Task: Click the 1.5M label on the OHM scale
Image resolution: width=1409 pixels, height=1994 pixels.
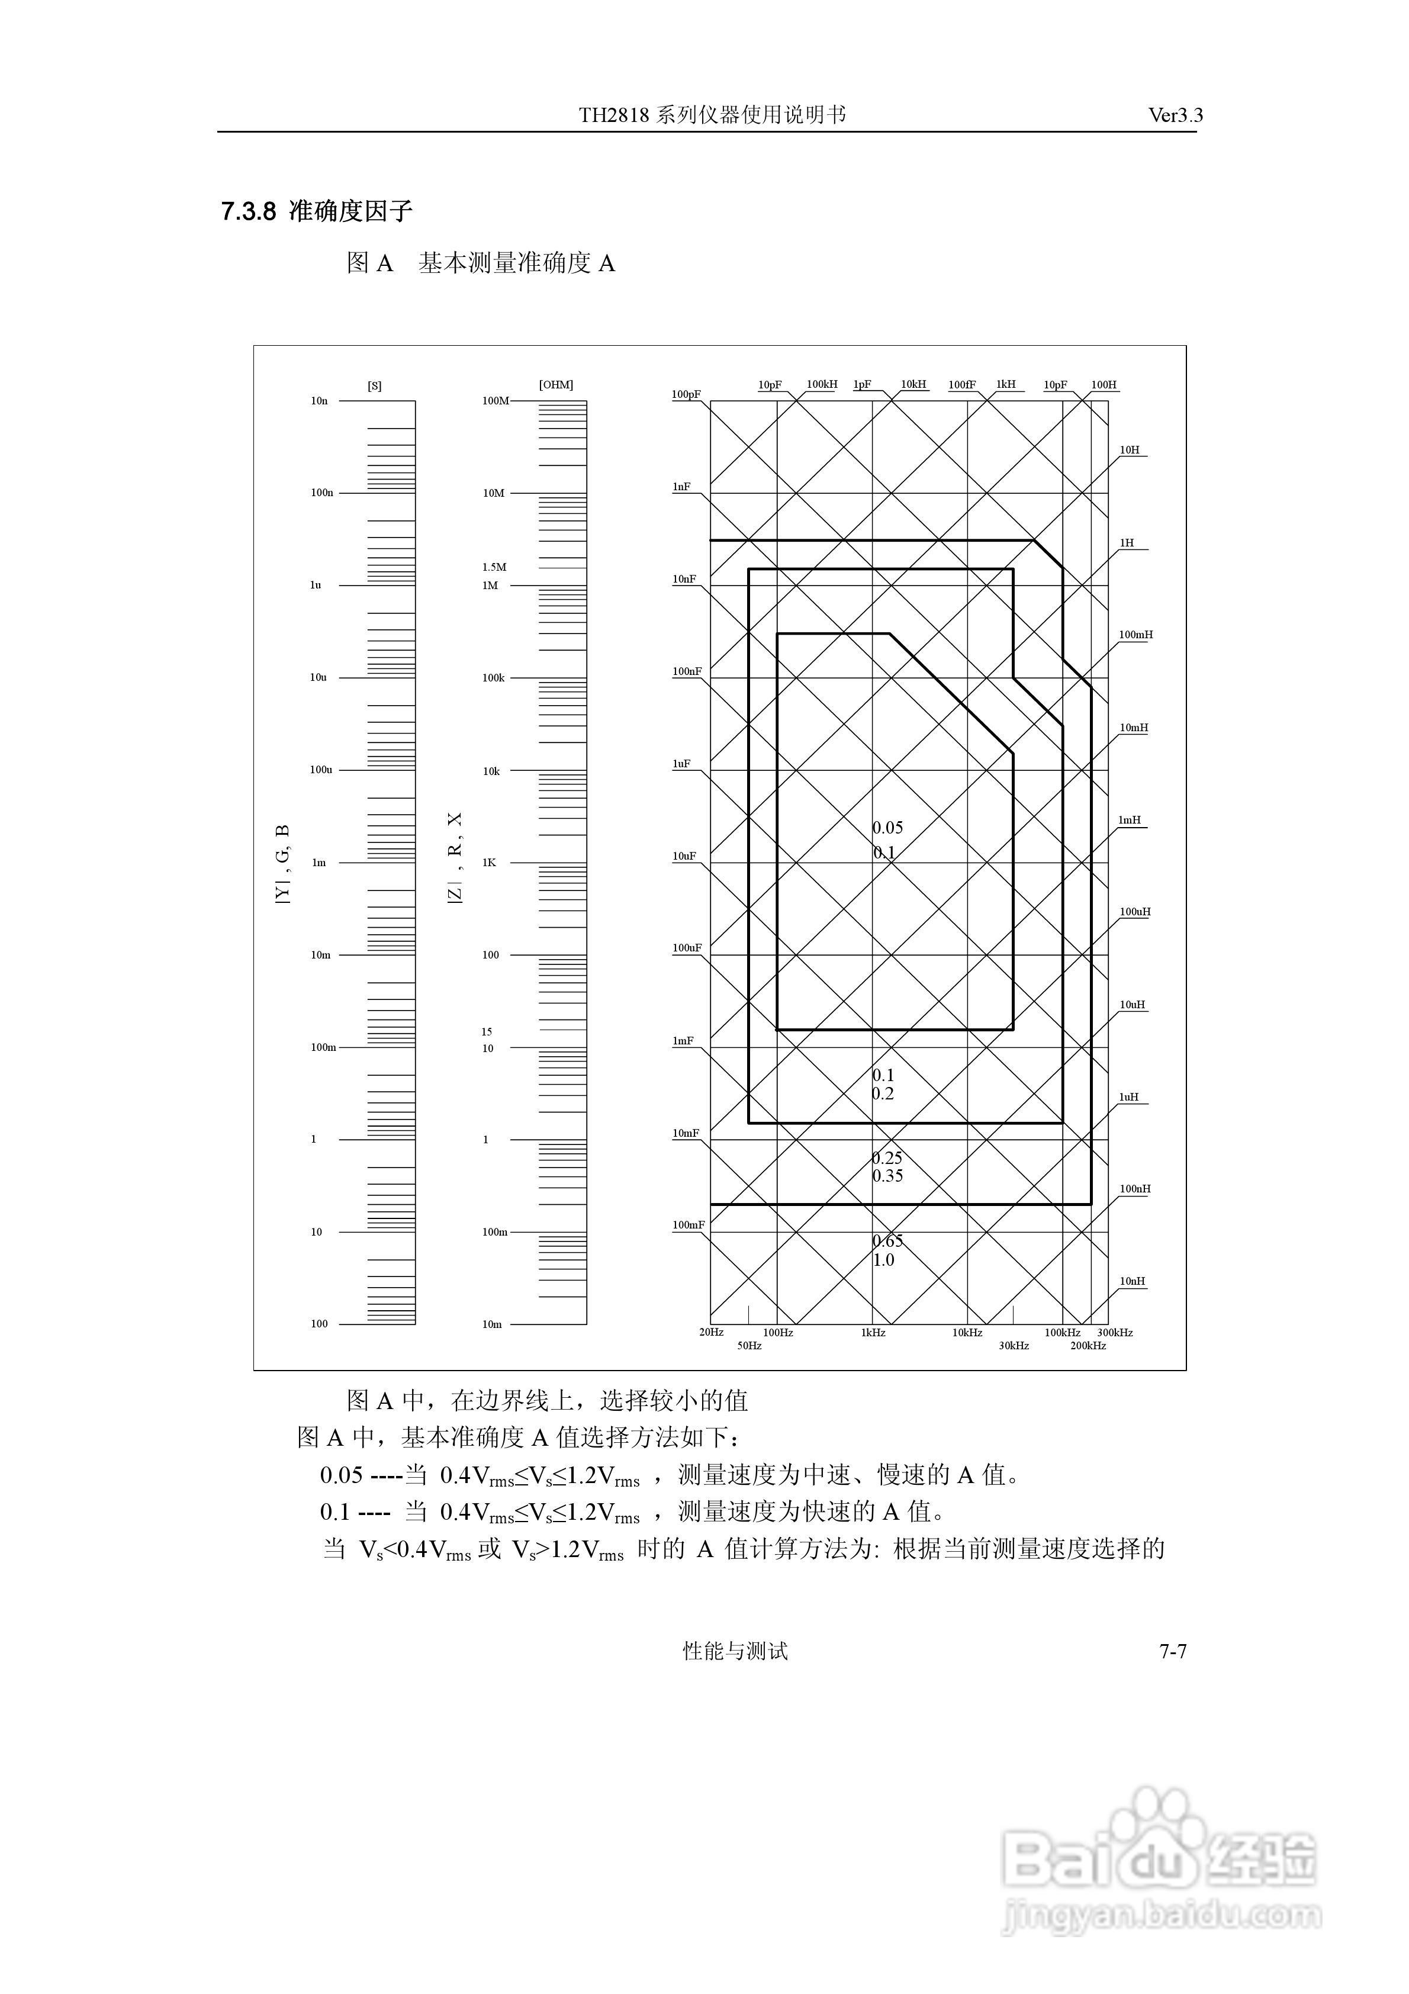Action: [494, 567]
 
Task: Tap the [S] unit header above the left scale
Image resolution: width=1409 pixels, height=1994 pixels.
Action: [374, 385]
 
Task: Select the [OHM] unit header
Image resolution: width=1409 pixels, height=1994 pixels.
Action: [556, 385]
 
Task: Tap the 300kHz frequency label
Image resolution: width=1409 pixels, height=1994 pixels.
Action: [1115, 1332]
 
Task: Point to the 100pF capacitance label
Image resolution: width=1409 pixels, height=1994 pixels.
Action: [686, 394]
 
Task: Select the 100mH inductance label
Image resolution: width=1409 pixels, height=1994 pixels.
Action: [1135, 635]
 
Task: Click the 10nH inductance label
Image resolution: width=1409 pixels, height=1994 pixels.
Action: [1132, 1281]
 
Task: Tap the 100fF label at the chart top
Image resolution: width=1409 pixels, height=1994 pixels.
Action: [961, 385]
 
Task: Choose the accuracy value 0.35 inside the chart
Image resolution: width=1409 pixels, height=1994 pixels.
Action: [888, 1176]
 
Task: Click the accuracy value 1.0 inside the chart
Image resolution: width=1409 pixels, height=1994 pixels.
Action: [883, 1260]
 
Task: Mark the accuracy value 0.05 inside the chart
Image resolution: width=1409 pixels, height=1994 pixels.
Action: [888, 828]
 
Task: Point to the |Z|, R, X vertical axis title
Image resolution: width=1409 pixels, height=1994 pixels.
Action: [455, 857]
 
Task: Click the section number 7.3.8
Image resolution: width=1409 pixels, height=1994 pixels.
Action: [249, 211]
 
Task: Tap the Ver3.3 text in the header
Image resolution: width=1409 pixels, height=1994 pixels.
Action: [1175, 115]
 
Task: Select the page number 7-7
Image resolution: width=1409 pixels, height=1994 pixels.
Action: [1173, 1651]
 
